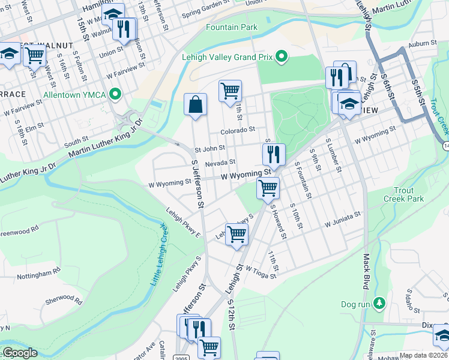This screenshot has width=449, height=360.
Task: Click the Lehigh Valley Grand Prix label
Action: coord(226,58)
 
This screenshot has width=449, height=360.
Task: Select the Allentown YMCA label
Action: coord(74,95)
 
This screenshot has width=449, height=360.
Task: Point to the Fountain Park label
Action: coord(231,27)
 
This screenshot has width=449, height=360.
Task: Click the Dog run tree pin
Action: coord(379,304)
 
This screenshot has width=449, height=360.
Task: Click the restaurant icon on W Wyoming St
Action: coord(274,154)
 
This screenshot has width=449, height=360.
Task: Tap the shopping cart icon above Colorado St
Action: coord(230,91)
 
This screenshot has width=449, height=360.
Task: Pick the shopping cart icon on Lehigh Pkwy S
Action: coord(237,234)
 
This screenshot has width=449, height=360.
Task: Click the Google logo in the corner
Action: coord(19,353)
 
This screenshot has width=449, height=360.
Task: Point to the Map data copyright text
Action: coord(424,355)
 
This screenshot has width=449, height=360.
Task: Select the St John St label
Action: coord(209,148)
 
